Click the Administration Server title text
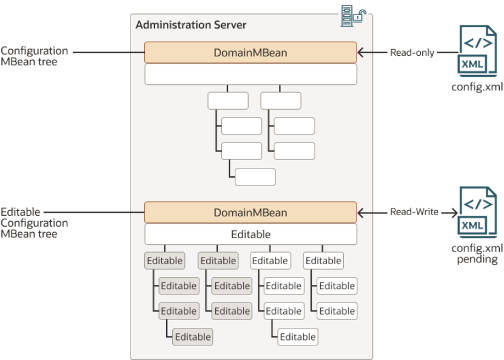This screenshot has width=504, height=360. coord(191,25)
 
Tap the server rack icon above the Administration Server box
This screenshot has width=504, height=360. coord(346,15)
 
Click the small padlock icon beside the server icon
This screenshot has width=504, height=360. coord(360,15)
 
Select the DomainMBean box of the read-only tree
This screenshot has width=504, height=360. coord(250,52)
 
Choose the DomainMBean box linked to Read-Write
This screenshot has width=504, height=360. coord(250,212)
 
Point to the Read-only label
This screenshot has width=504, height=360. coord(412,52)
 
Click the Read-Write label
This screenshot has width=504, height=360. coord(414,212)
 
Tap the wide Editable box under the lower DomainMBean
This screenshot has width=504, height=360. coord(250,234)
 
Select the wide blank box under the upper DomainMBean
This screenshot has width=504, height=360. coord(250,74)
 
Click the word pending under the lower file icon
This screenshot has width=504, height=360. coord(477,259)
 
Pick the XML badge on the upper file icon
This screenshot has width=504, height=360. coord(472,64)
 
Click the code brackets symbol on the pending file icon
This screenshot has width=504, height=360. coord(478,204)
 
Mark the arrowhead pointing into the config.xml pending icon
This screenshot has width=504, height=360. coord(454,213)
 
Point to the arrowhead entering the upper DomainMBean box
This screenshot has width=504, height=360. coord(361,52)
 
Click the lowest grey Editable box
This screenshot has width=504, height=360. coord(192,337)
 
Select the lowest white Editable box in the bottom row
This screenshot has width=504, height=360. coord(298,337)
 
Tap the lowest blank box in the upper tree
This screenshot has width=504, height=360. coord(255,177)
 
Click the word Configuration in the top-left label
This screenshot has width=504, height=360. coord(35,51)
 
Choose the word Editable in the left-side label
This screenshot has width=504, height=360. coord(21,212)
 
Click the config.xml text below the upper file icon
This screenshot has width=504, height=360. coord(477,87)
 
